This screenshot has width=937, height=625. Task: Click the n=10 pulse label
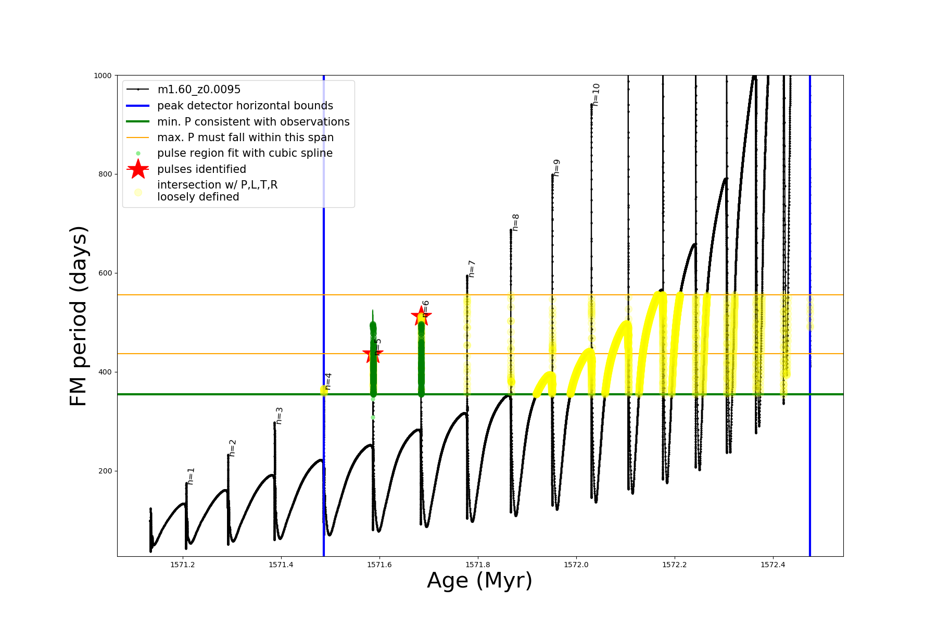[596, 95]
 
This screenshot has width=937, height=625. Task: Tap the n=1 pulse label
[191, 476]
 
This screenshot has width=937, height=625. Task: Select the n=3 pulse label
[280, 416]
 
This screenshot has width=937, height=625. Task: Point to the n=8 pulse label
[516, 222]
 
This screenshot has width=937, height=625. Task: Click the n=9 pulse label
[557, 168]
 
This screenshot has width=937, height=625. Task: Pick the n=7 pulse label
[472, 269]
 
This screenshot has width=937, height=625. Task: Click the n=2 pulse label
[233, 448]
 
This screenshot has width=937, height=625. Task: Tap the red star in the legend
[138, 169]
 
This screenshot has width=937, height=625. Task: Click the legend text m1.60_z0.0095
[199, 90]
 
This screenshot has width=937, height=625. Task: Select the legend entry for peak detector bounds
[245, 106]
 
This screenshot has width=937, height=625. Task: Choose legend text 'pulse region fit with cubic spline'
[245, 153]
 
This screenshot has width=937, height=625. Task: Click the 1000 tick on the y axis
[103, 76]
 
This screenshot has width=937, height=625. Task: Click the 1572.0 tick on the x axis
[576, 565]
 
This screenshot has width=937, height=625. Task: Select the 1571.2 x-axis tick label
[183, 565]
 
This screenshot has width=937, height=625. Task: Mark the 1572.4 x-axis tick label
[773, 565]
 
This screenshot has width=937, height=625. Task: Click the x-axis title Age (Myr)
[479, 581]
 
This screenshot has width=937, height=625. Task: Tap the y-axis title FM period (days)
[78, 316]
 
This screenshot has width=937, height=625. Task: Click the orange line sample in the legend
[138, 137]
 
